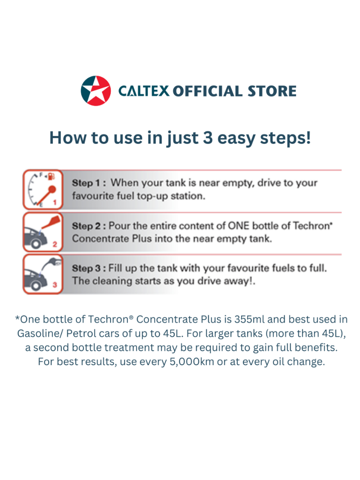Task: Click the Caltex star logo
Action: (x=96, y=91)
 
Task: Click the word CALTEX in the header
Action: (x=144, y=91)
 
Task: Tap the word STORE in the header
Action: (x=272, y=91)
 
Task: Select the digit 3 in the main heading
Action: (x=208, y=138)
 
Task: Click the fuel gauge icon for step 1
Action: (x=43, y=190)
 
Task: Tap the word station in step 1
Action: (x=188, y=196)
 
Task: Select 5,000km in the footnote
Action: (x=192, y=362)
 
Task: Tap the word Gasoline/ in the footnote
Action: (x=40, y=334)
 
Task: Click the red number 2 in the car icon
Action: (x=55, y=244)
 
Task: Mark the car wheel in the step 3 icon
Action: (x=36, y=285)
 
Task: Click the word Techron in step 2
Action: (x=311, y=226)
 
